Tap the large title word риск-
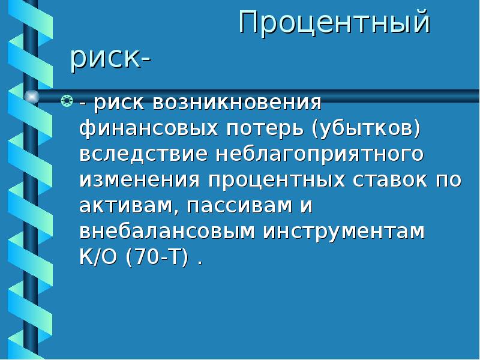click(x=110, y=60)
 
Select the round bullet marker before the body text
click(x=68, y=101)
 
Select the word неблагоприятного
click(x=317, y=154)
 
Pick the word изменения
click(x=140, y=180)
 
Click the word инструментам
click(x=344, y=232)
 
